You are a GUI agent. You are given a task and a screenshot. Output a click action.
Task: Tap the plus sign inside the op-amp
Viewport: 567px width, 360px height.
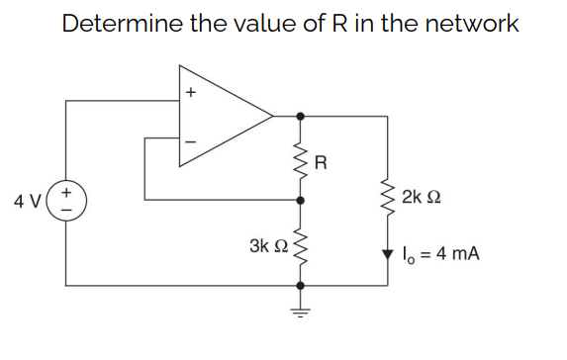(x=192, y=95)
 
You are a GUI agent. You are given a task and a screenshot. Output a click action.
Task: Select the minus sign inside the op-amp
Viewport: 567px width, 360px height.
(x=192, y=139)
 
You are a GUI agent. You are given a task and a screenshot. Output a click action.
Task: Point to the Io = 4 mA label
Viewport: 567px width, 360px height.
(x=441, y=254)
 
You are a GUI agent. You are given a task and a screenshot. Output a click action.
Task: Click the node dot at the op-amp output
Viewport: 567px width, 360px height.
(x=301, y=116)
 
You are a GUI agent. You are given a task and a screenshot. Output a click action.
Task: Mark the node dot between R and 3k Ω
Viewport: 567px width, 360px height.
(x=301, y=198)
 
